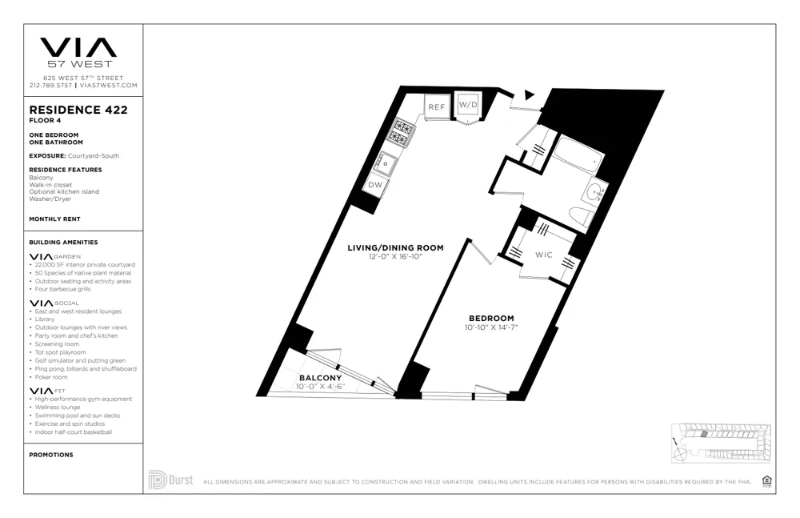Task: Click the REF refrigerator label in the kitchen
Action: [x=436, y=107]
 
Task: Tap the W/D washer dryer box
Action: [x=468, y=105]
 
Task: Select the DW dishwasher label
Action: [x=375, y=184]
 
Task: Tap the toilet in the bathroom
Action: [x=579, y=216]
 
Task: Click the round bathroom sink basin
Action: [x=595, y=192]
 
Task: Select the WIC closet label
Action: [x=544, y=255]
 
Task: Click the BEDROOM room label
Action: [x=491, y=318]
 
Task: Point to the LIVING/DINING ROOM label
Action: [x=394, y=248]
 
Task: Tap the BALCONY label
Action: [x=320, y=378]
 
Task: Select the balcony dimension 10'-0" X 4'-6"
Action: [x=320, y=387]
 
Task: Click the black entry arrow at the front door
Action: [x=529, y=95]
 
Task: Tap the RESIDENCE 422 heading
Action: [x=78, y=110]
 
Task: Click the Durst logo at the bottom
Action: [x=170, y=480]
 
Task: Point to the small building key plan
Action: [x=721, y=443]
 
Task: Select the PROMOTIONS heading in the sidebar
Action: [x=51, y=455]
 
